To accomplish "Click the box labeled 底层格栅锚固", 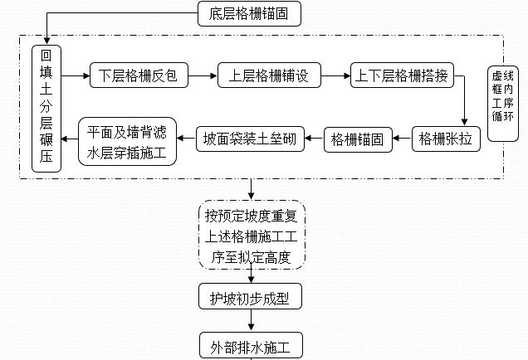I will (x=249, y=12).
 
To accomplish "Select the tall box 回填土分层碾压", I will (x=46, y=108).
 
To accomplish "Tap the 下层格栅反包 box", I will (x=133, y=75).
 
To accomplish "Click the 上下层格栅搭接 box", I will (x=403, y=75).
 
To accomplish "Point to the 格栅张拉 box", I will (x=446, y=139).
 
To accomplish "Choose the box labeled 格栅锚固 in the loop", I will (x=356, y=139).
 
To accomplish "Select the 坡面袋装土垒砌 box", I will (x=251, y=139).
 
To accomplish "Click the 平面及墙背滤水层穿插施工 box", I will (x=127, y=140).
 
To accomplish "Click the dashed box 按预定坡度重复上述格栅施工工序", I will (x=251, y=235).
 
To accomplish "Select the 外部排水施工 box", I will (x=251, y=343).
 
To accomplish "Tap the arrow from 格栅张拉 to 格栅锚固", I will (x=402, y=139).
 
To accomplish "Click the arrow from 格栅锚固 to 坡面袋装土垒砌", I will (x=315, y=139).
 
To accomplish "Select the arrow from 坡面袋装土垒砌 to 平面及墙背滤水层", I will (x=186, y=139).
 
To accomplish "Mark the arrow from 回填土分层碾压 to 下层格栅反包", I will (x=75, y=75).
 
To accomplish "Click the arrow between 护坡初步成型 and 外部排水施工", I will (x=251, y=321).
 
